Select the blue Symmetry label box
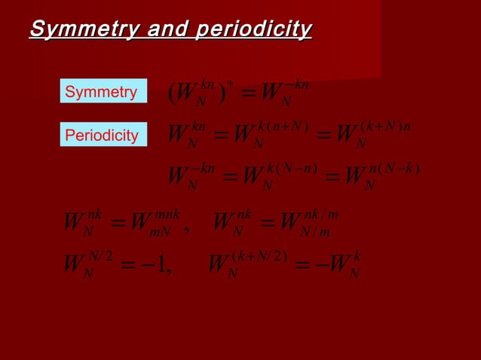pyautogui.click(x=102, y=93)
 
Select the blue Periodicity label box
pyautogui.click(x=102, y=136)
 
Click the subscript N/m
pyautogui.click(x=317, y=230)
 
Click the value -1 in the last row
pyautogui.click(x=157, y=267)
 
